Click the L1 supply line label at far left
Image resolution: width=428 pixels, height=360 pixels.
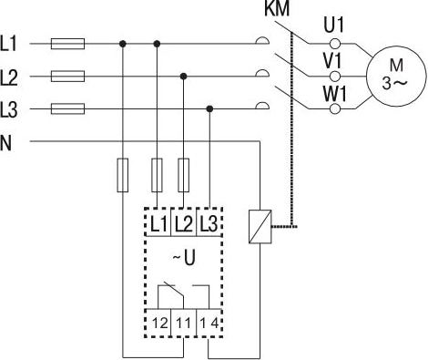pyautogui.click(x=12, y=44)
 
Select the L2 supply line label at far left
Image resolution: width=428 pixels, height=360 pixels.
pyautogui.click(x=12, y=77)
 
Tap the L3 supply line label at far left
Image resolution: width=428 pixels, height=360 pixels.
pyautogui.click(x=12, y=109)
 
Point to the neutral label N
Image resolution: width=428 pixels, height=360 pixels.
pyautogui.click(x=7, y=142)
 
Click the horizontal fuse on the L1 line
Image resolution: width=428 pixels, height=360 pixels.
pyautogui.click(x=68, y=43)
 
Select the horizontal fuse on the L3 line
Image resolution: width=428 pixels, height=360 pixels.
pyautogui.click(x=68, y=109)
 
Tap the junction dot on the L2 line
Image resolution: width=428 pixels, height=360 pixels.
pyautogui.click(x=185, y=77)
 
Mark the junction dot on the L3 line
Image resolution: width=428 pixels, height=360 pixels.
pyautogui.click(x=211, y=109)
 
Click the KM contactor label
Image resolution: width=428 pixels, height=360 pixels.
pyautogui.click(x=276, y=10)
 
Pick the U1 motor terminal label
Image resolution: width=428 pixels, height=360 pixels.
pyautogui.click(x=334, y=24)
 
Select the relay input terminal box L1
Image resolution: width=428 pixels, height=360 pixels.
pyautogui.click(x=158, y=221)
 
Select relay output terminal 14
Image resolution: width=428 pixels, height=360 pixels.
pyautogui.click(x=209, y=322)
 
